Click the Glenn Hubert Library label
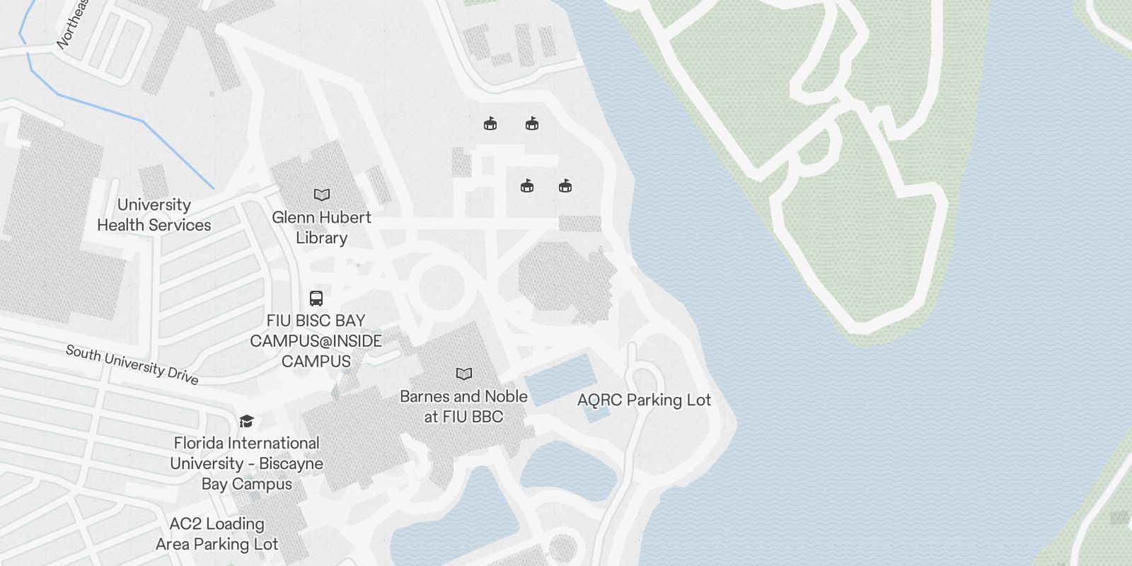[x=321, y=227]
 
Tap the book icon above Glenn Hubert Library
[x=322, y=195]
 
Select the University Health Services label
[x=154, y=215]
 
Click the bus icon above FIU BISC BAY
[x=316, y=299]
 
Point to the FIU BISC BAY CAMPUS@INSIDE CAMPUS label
[x=316, y=341]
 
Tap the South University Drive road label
[x=132, y=364]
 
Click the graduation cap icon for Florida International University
[x=246, y=422]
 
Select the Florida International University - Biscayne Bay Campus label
[x=246, y=463]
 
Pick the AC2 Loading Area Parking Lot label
[x=217, y=534]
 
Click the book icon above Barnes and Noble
[x=464, y=374]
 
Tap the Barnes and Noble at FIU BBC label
[x=464, y=407]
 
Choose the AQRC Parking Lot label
[x=644, y=400]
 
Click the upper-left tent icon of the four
[x=490, y=124]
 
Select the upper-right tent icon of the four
[x=532, y=124]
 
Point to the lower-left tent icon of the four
[x=527, y=186]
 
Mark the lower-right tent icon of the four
[x=565, y=186]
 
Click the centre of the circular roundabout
[x=442, y=287]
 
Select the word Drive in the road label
[x=183, y=376]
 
